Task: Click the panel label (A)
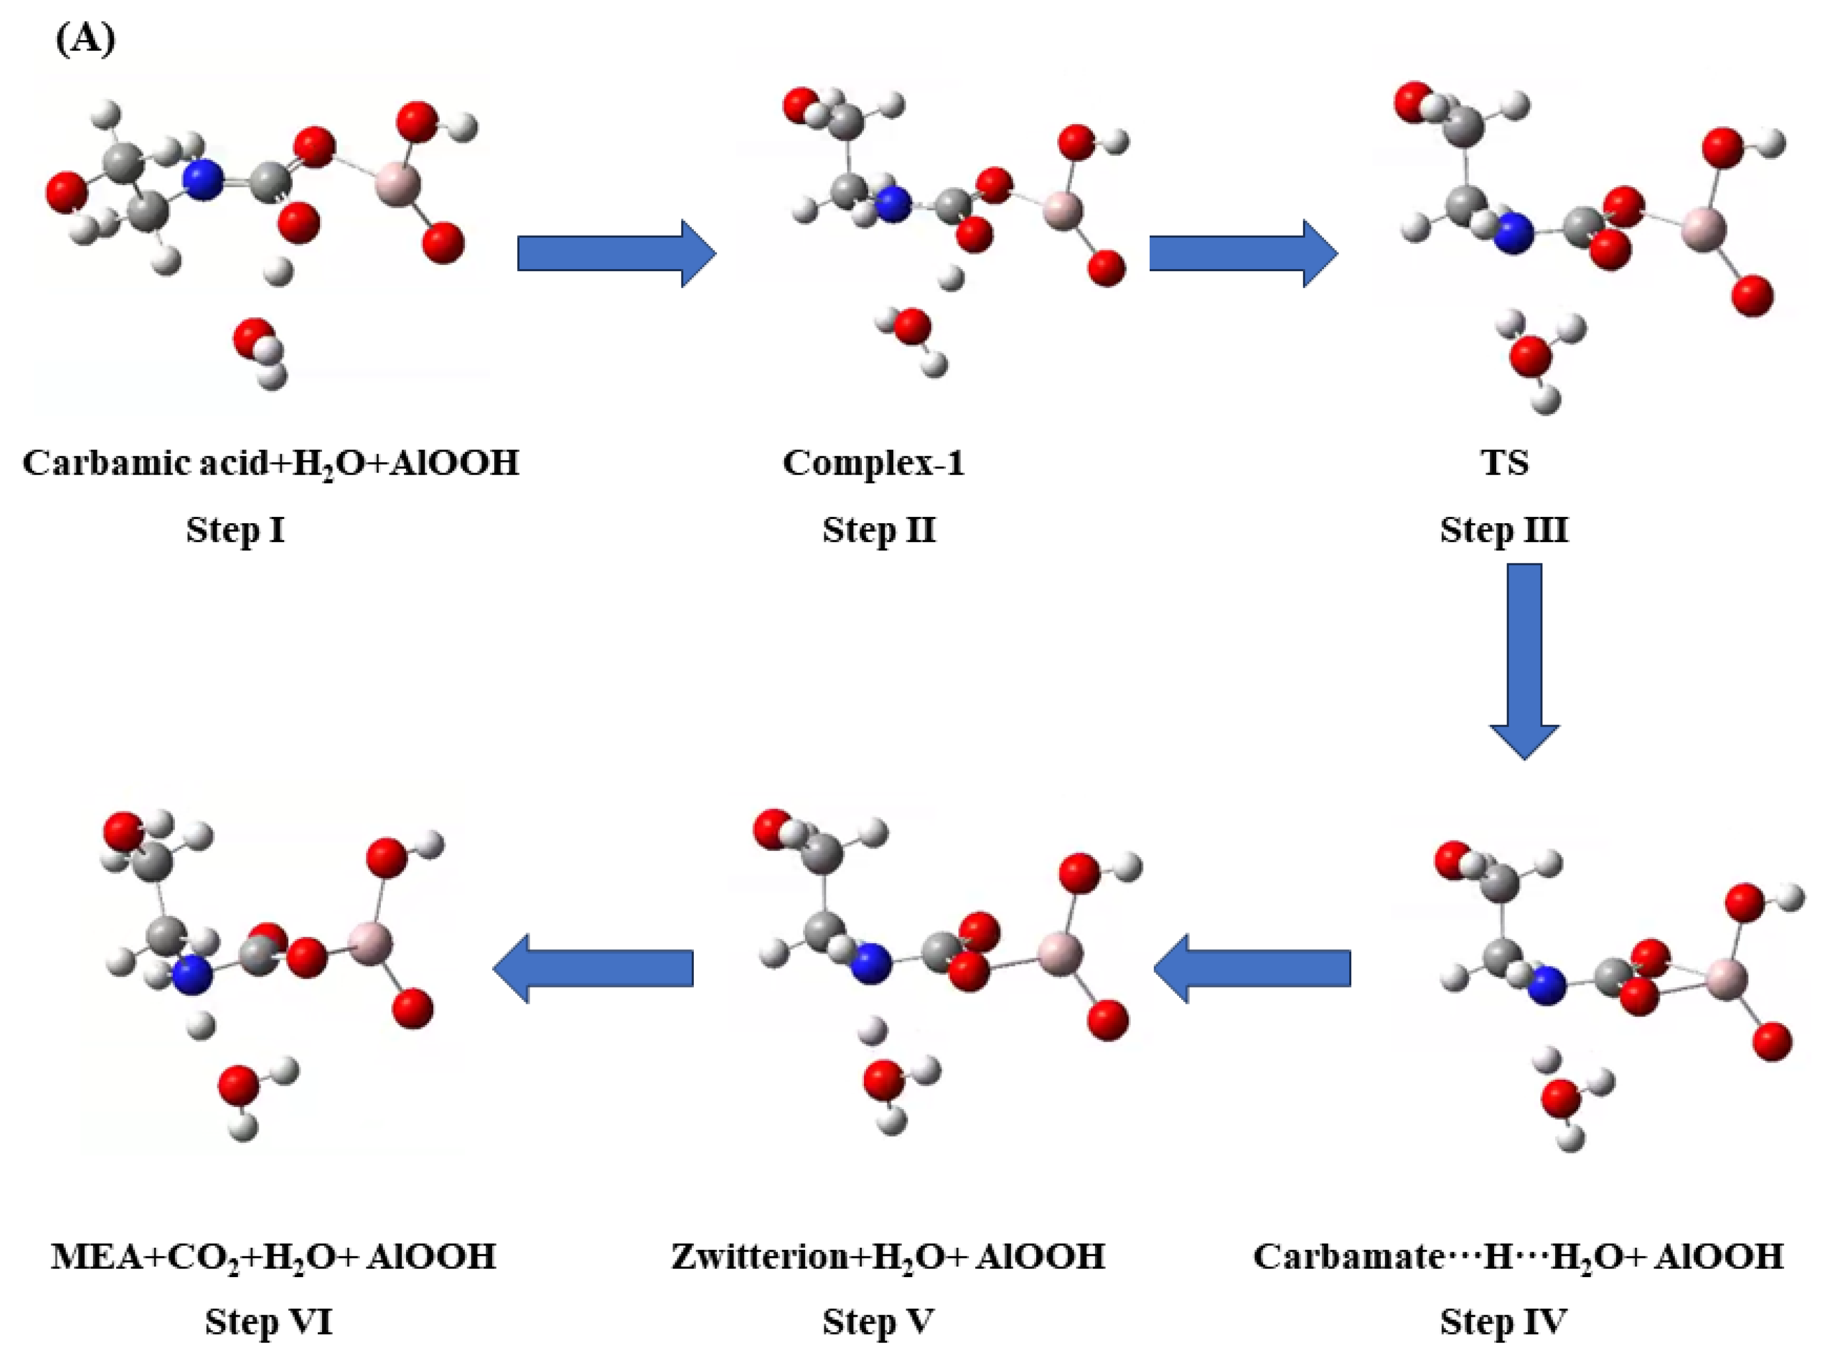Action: click(86, 38)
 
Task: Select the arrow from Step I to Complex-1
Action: click(615, 254)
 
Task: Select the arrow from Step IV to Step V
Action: click(1252, 968)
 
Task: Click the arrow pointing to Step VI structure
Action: click(593, 968)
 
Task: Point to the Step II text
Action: click(878, 530)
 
